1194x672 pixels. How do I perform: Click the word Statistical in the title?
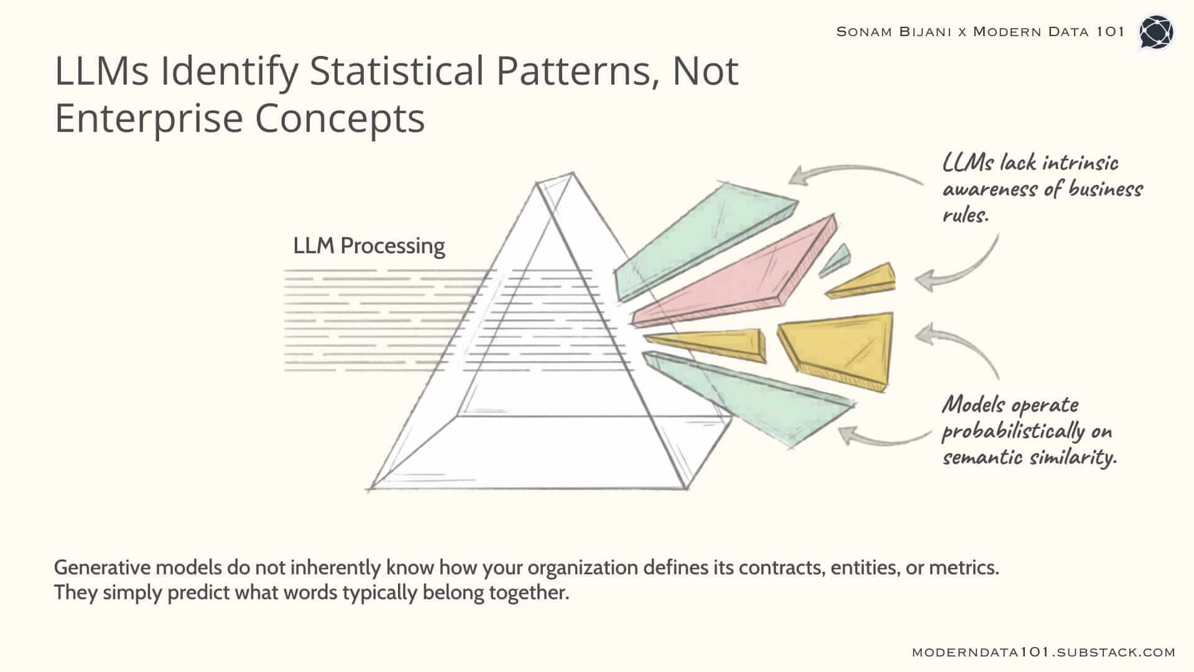[x=396, y=71]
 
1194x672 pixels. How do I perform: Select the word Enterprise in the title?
[x=149, y=118]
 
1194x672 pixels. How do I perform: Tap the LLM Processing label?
[x=369, y=246]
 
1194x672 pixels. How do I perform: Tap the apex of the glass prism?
[x=572, y=174]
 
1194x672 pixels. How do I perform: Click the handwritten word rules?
[x=965, y=215]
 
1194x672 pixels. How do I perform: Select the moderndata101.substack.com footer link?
[x=1044, y=652]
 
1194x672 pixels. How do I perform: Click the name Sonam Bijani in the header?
[x=894, y=32]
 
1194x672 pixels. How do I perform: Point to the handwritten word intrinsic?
[x=1080, y=162]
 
